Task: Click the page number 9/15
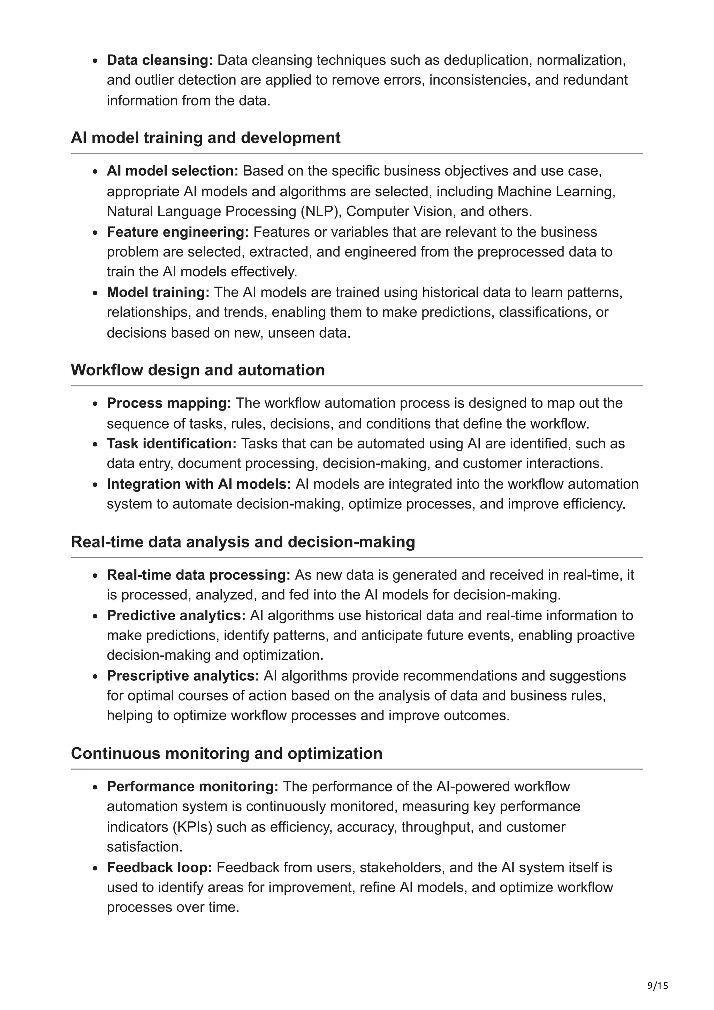pyautogui.click(x=657, y=973)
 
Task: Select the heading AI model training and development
pyautogui.click(x=205, y=138)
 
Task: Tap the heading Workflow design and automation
pyautogui.click(x=198, y=370)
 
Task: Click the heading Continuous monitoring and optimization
pyautogui.click(x=227, y=753)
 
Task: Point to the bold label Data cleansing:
pyautogui.click(x=160, y=60)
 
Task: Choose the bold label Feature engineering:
pyautogui.click(x=178, y=232)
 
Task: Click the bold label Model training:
pyautogui.click(x=158, y=292)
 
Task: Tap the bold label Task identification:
pyautogui.click(x=172, y=443)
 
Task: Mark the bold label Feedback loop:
pyautogui.click(x=159, y=867)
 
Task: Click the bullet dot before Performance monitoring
pyautogui.click(x=95, y=787)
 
